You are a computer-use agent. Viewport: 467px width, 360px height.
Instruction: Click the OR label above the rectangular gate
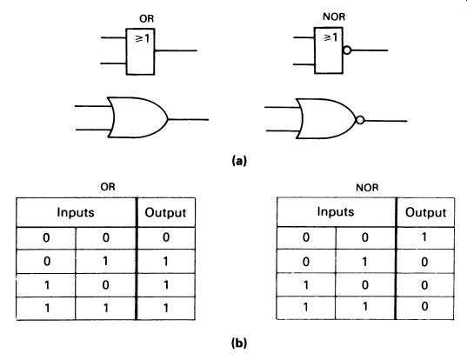146,19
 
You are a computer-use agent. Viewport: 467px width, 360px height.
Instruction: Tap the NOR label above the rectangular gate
334,17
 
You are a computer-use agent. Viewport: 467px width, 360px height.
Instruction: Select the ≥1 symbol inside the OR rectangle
143,38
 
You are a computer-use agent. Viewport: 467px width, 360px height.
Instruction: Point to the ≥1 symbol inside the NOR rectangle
330,37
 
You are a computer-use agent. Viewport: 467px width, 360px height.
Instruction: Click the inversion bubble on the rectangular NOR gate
347,50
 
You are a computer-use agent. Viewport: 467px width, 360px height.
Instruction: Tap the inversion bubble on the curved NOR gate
360,120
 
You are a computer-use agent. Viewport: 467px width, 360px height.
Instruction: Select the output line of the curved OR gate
189,120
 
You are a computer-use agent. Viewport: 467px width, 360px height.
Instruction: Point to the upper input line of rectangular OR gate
113,37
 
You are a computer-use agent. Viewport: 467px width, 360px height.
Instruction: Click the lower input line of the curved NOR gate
281,131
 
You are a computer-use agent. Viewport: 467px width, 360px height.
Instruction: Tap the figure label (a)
239,161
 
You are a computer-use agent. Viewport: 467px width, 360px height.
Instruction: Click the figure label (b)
239,343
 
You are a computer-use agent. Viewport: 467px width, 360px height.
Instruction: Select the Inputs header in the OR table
76,212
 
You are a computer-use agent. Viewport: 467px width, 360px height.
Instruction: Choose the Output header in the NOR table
425,212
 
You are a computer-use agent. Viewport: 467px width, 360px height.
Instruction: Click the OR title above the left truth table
108,187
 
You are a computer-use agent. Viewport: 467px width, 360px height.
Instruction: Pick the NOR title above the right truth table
367,188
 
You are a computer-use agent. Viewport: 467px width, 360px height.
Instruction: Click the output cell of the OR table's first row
166,237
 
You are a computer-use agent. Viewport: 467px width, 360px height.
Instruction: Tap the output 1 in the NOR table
424,237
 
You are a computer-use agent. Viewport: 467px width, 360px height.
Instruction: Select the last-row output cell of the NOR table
425,307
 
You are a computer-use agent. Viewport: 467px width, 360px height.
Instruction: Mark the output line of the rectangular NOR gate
370,50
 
